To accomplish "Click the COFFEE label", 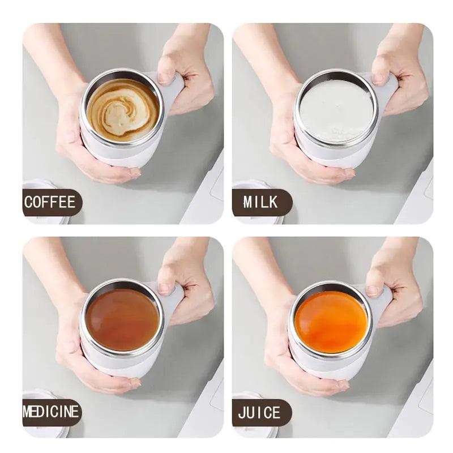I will pos(50,202).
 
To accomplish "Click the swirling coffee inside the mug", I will pos(123,110).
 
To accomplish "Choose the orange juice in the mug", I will pos(331,322).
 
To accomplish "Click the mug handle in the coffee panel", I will pos(173,91).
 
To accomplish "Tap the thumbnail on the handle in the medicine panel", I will pos(164,288).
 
